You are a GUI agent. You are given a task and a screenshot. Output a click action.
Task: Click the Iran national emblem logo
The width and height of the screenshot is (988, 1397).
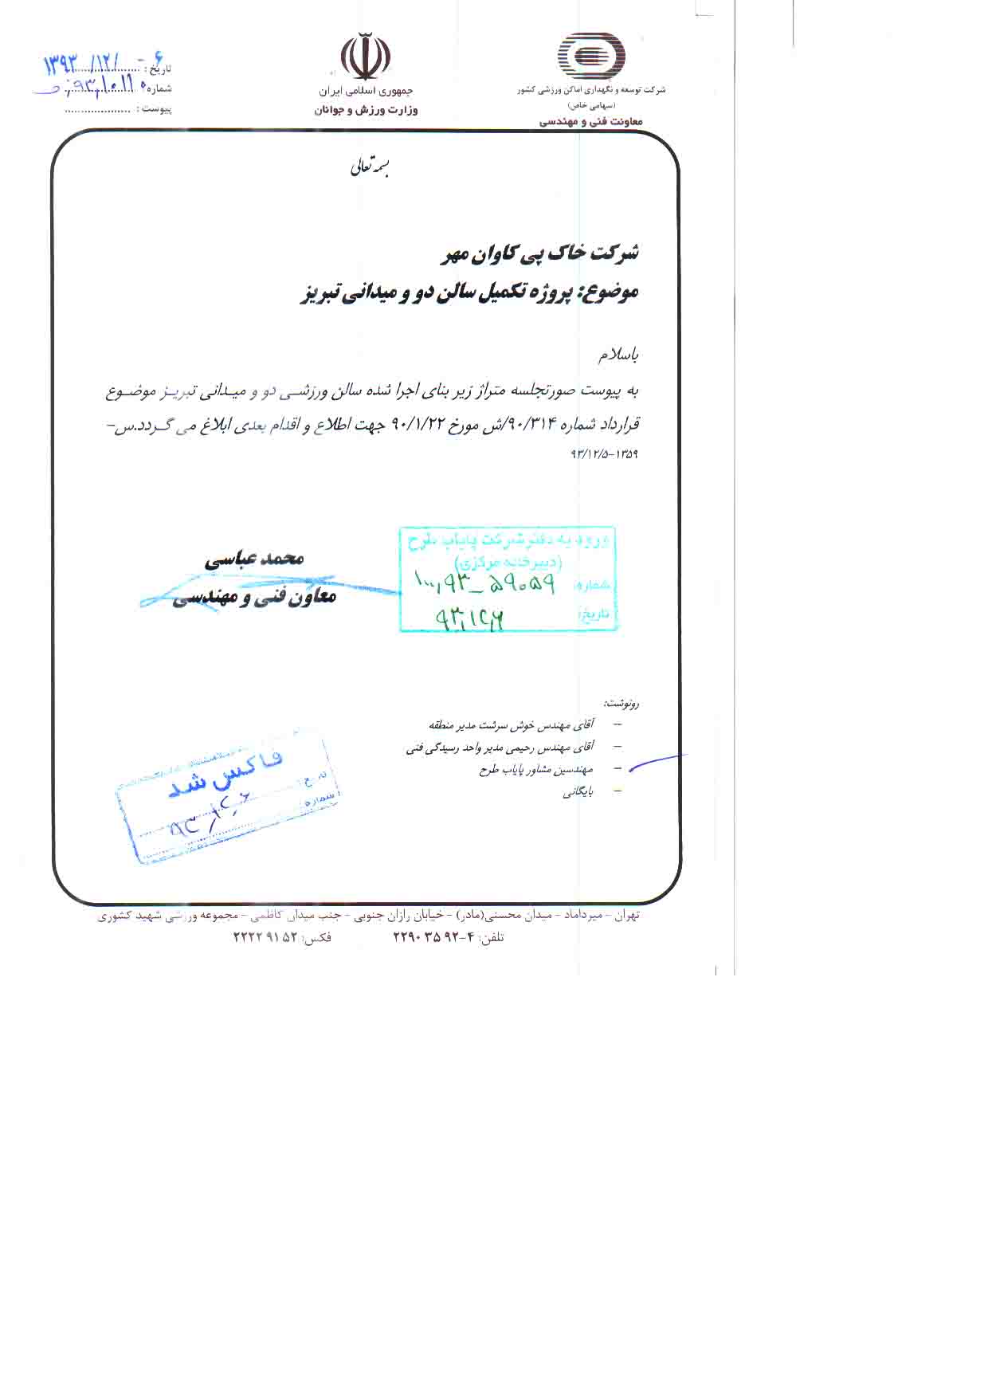pyautogui.click(x=366, y=57)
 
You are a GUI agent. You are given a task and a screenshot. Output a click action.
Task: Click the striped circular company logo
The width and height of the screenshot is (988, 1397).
pyautogui.click(x=590, y=56)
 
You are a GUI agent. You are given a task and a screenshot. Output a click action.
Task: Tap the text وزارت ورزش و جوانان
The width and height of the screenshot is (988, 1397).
pyautogui.click(x=366, y=110)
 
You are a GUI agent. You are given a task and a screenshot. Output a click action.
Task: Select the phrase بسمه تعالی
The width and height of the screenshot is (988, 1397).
pyautogui.click(x=370, y=168)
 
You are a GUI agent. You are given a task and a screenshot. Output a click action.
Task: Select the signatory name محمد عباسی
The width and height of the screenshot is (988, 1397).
pyautogui.click(x=254, y=559)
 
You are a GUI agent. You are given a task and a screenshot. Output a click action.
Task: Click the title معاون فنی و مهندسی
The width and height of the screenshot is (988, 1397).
pyautogui.click(x=254, y=597)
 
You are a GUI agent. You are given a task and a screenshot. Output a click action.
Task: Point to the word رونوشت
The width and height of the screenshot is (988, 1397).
pyautogui.click(x=621, y=704)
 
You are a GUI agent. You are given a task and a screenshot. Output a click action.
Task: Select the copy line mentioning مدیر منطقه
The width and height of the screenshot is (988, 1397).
pyautogui.click(x=511, y=725)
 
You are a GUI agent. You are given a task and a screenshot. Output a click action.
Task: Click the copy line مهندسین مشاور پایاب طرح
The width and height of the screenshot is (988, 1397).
pyautogui.click(x=535, y=770)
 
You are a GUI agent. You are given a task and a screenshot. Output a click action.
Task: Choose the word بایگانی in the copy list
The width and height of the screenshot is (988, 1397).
pyautogui.click(x=578, y=792)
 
